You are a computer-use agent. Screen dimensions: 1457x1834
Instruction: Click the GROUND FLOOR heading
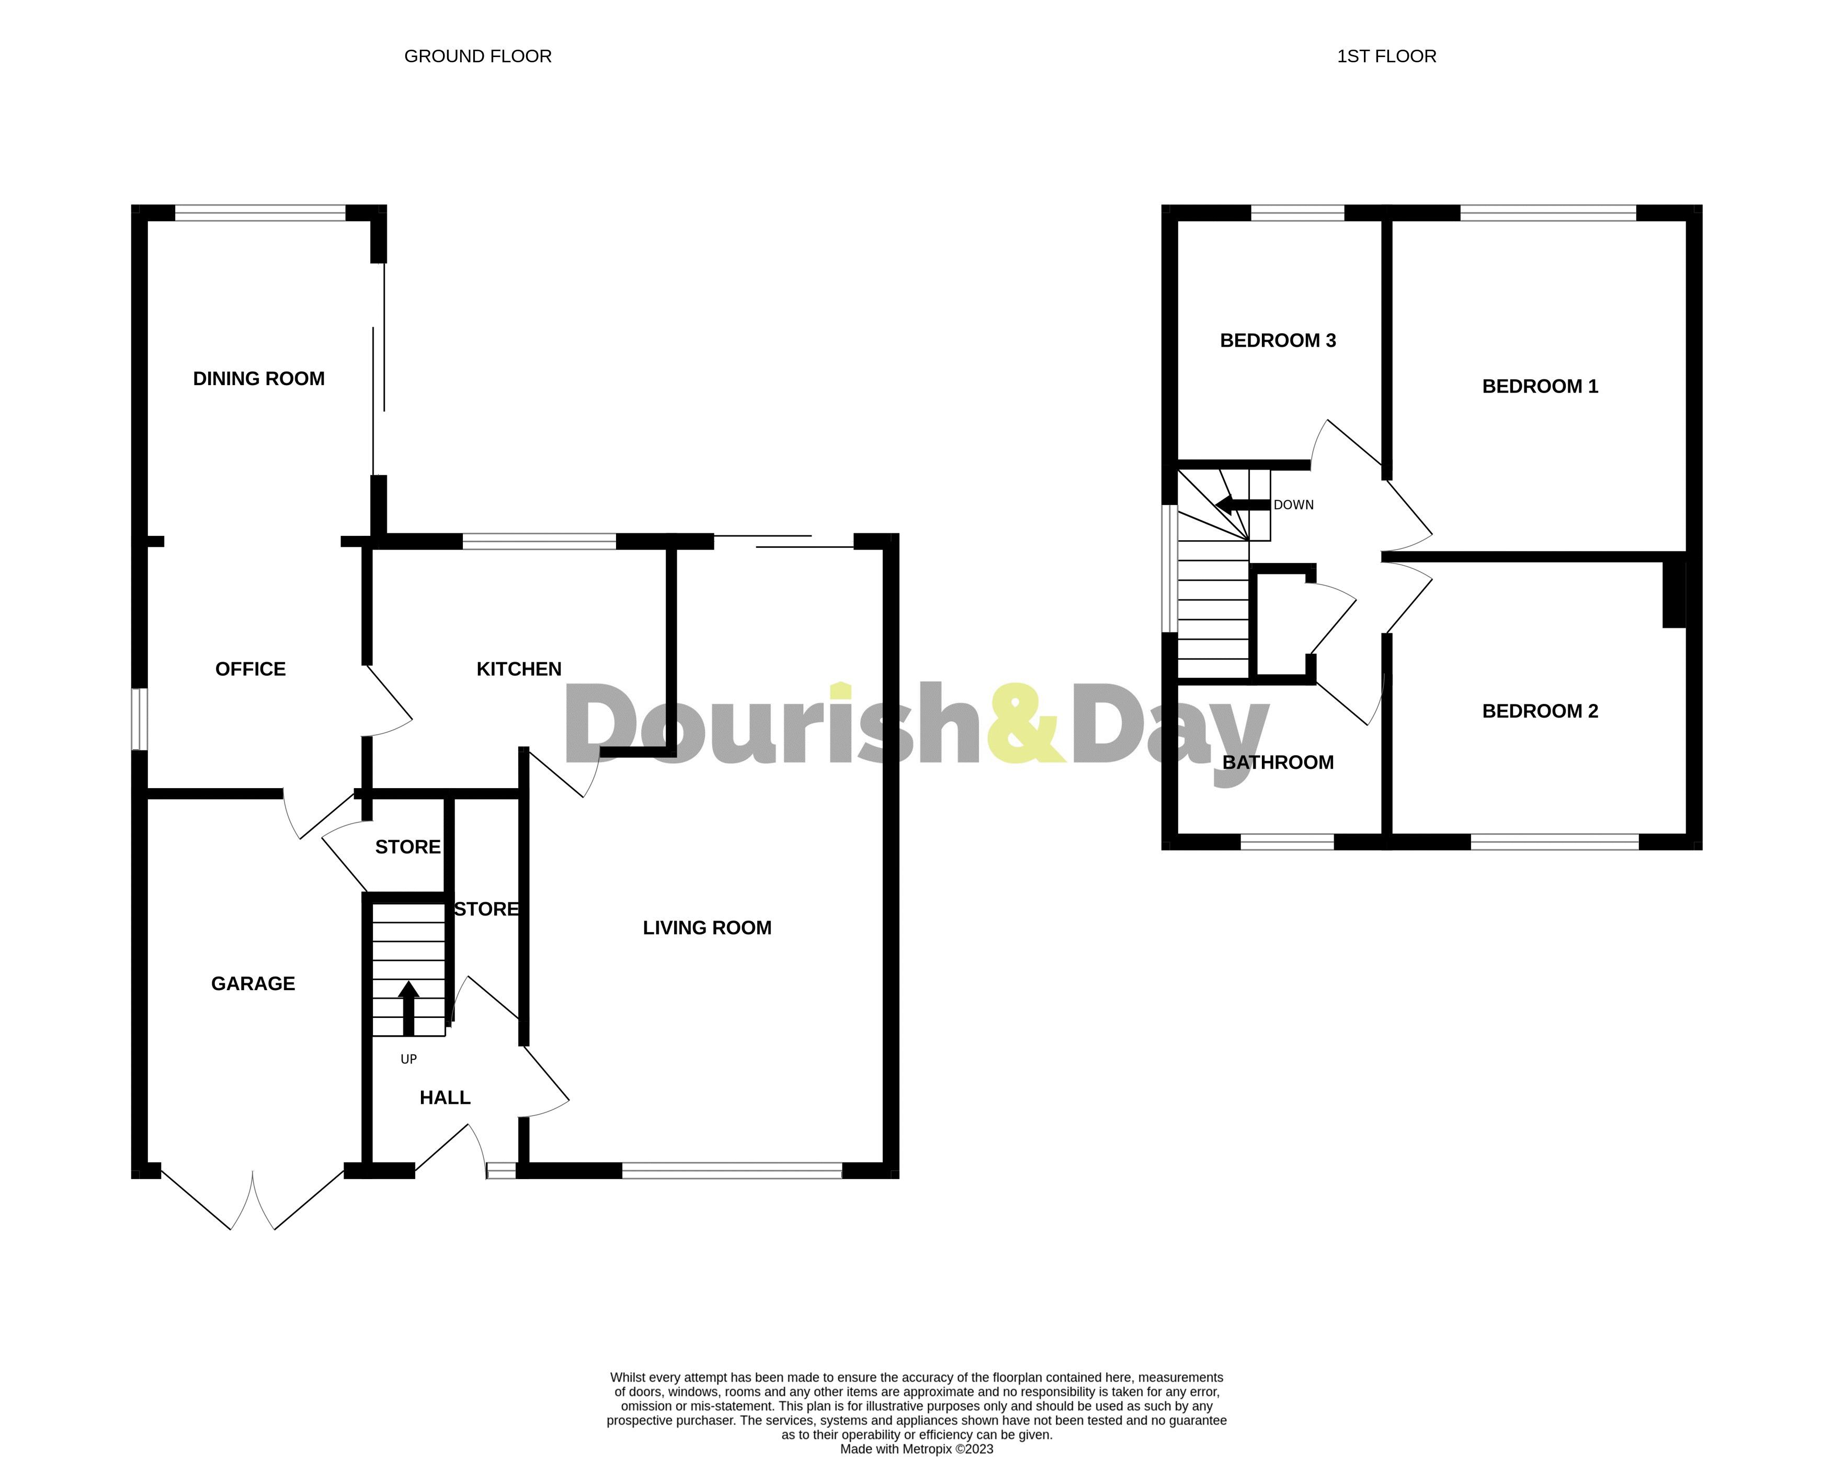[477, 56]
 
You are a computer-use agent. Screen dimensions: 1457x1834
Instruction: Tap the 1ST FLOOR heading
[1386, 56]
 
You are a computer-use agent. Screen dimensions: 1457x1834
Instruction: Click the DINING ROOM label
[258, 379]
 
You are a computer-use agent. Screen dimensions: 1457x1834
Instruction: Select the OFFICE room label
[250, 669]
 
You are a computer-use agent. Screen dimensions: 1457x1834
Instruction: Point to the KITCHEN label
[519, 669]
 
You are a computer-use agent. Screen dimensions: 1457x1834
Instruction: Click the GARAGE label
[253, 984]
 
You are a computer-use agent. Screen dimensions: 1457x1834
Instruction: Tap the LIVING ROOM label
[707, 928]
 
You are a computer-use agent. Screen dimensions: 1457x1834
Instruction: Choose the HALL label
[445, 1098]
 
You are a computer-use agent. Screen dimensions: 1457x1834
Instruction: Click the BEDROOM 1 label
[1540, 386]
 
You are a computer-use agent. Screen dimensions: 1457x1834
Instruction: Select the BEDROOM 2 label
[1540, 711]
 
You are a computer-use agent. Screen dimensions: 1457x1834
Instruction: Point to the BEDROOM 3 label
[1278, 340]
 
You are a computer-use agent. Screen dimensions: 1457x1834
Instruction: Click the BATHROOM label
[1278, 763]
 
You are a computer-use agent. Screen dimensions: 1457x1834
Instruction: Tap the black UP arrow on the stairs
[409, 1008]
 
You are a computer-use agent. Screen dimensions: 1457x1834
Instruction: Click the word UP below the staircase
[408, 1060]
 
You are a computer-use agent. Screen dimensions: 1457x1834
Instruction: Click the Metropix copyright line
[916, 1449]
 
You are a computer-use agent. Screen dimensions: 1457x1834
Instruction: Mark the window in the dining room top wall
[260, 213]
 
